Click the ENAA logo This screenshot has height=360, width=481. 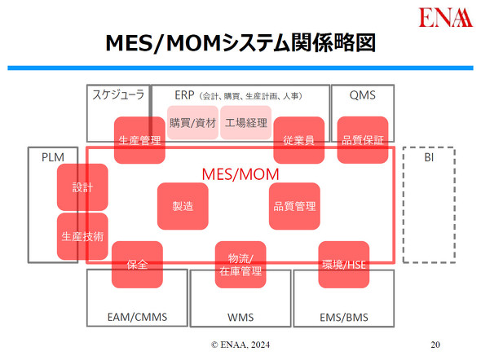[444, 19]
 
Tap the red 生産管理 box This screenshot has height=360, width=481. [139, 140]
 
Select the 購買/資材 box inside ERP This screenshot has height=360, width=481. [192, 123]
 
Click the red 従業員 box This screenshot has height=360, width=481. [298, 140]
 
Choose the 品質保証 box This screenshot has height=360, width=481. [363, 140]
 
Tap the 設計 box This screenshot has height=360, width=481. [82, 187]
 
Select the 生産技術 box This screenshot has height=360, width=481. [82, 236]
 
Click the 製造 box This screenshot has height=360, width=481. [183, 206]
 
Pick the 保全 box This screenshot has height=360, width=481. [137, 265]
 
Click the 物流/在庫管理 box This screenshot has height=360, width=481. [240, 265]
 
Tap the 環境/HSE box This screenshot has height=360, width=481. [343, 265]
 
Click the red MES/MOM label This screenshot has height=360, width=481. [240, 175]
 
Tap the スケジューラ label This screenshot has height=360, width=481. [117, 94]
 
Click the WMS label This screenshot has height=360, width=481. [240, 316]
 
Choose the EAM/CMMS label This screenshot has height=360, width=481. [136, 316]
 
